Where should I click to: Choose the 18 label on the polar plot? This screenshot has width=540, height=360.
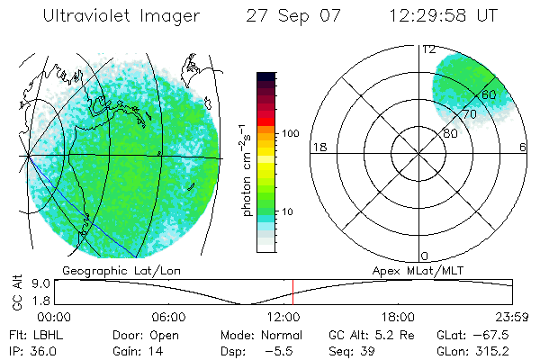click(318, 147)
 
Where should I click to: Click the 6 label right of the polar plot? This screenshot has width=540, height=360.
click(522, 147)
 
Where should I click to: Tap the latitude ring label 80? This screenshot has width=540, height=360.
click(450, 132)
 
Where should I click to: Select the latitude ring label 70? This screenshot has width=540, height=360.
click(469, 114)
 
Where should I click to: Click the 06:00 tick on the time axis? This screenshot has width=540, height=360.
click(169, 317)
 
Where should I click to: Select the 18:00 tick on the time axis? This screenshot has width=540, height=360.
click(398, 317)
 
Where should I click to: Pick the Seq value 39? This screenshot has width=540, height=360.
click(365, 349)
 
